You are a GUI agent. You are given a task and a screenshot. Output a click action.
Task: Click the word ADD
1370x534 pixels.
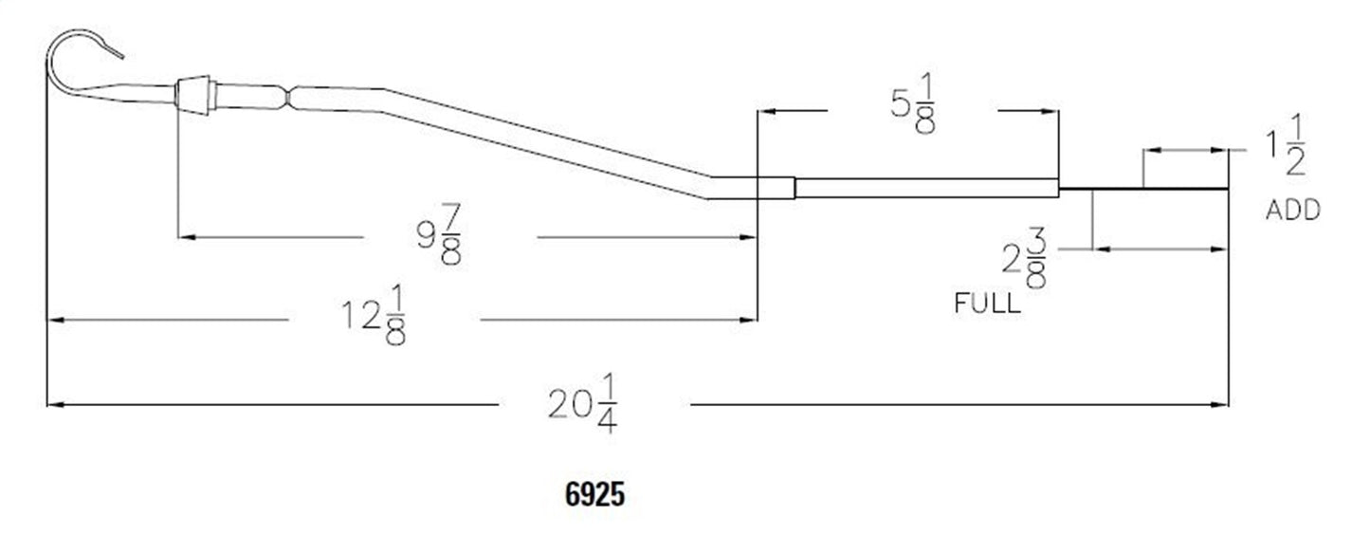coord(1292,211)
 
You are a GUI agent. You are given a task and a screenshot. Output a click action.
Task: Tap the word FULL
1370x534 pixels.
coord(987,304)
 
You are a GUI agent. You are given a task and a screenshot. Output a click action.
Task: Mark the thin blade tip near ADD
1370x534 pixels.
coord(1185,189)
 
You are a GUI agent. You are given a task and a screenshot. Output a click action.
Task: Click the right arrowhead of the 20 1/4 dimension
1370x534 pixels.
coord(1220,405)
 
